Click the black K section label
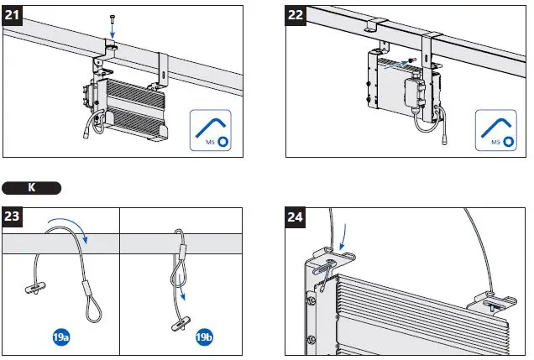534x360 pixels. pos(32,186)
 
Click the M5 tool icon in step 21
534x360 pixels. pos(209,128)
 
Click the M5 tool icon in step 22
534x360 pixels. pos(495,128)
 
